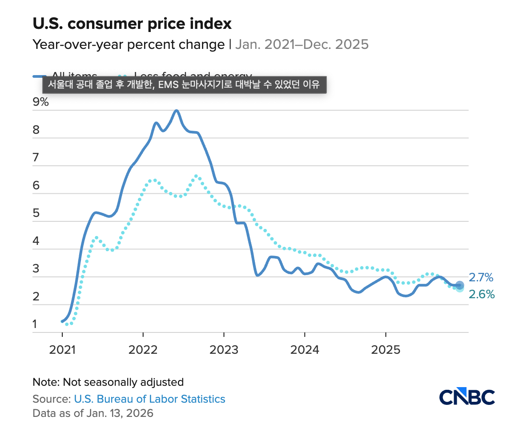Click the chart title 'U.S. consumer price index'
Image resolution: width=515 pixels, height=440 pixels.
[132, 24]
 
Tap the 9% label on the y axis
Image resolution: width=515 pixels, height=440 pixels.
[40, 102]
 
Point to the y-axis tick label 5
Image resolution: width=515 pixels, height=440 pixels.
[36, 213]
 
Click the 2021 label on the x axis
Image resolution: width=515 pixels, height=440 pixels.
[62, 350]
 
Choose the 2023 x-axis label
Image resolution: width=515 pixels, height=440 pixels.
[224, 350]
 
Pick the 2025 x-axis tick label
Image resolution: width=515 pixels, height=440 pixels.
[386, 350]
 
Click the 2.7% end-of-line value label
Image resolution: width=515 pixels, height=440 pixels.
[481, 278]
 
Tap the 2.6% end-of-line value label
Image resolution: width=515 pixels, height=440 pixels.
[481, 294]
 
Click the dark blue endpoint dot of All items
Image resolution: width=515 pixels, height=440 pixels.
[460, 285]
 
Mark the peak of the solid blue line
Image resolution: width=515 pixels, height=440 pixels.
[177, 110]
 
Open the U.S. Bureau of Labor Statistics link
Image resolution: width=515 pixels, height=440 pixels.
[149, 399]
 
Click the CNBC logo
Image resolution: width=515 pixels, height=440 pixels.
[467, 397]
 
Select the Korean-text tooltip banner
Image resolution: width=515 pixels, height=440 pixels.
[184, 84]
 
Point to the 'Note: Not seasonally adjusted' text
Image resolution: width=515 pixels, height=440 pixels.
[108, 382]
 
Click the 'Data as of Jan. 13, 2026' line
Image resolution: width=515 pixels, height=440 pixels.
[93, 413]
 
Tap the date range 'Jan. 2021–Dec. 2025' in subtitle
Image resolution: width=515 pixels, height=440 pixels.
[302, 44]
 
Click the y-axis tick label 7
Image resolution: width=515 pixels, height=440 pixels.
[36, 158]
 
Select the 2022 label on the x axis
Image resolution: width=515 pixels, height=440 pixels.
[143, 350]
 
